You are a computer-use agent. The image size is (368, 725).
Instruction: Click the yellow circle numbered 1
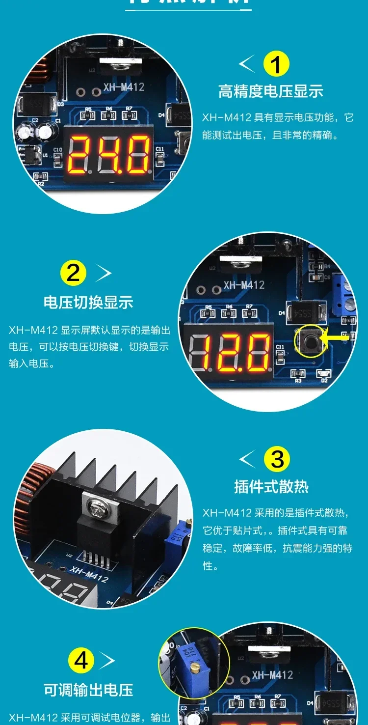pos(276,64)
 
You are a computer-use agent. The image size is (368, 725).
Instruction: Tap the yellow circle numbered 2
pos(73,273)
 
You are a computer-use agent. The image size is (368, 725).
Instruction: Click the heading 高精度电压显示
pos(270,91)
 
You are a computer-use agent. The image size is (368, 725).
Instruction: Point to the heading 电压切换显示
pos(88,302)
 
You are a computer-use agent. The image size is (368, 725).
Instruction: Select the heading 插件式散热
pos(271,486)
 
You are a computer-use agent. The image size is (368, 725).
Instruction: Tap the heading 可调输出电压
pos(88,690)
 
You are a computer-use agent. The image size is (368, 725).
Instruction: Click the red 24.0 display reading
pos(109,155)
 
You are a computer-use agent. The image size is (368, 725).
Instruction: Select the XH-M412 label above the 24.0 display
pos(124,87)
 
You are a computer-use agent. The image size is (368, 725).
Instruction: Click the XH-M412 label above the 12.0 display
pos(244,285)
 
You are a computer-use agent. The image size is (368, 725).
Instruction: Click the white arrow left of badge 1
pos(247,64)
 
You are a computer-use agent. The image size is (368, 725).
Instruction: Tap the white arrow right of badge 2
pos(104,273)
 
